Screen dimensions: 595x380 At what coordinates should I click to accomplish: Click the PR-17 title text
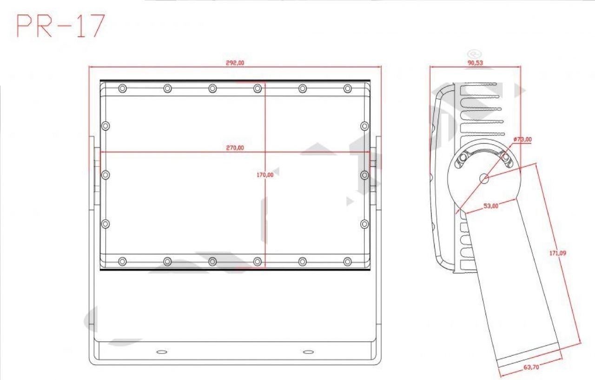click(x=61, y=26)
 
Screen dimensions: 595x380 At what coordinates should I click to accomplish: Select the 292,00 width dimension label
click(x=235, y=63)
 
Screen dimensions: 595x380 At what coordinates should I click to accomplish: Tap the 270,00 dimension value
click(x=235, y=148)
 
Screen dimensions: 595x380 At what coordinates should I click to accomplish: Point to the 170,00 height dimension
click(x=265, y=175)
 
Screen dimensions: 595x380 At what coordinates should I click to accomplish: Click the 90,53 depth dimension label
click(x=475, y=63)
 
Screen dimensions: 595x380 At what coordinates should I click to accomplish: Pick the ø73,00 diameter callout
click(x=523, y=139)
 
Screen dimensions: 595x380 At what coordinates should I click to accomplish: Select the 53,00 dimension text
click(x=491, y=206)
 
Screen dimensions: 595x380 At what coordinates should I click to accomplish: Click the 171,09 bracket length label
click(x=557, y=253)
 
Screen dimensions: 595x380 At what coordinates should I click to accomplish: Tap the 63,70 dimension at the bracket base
click(x=531, y=367)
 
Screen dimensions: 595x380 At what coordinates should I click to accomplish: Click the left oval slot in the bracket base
click(x=162, y=352)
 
